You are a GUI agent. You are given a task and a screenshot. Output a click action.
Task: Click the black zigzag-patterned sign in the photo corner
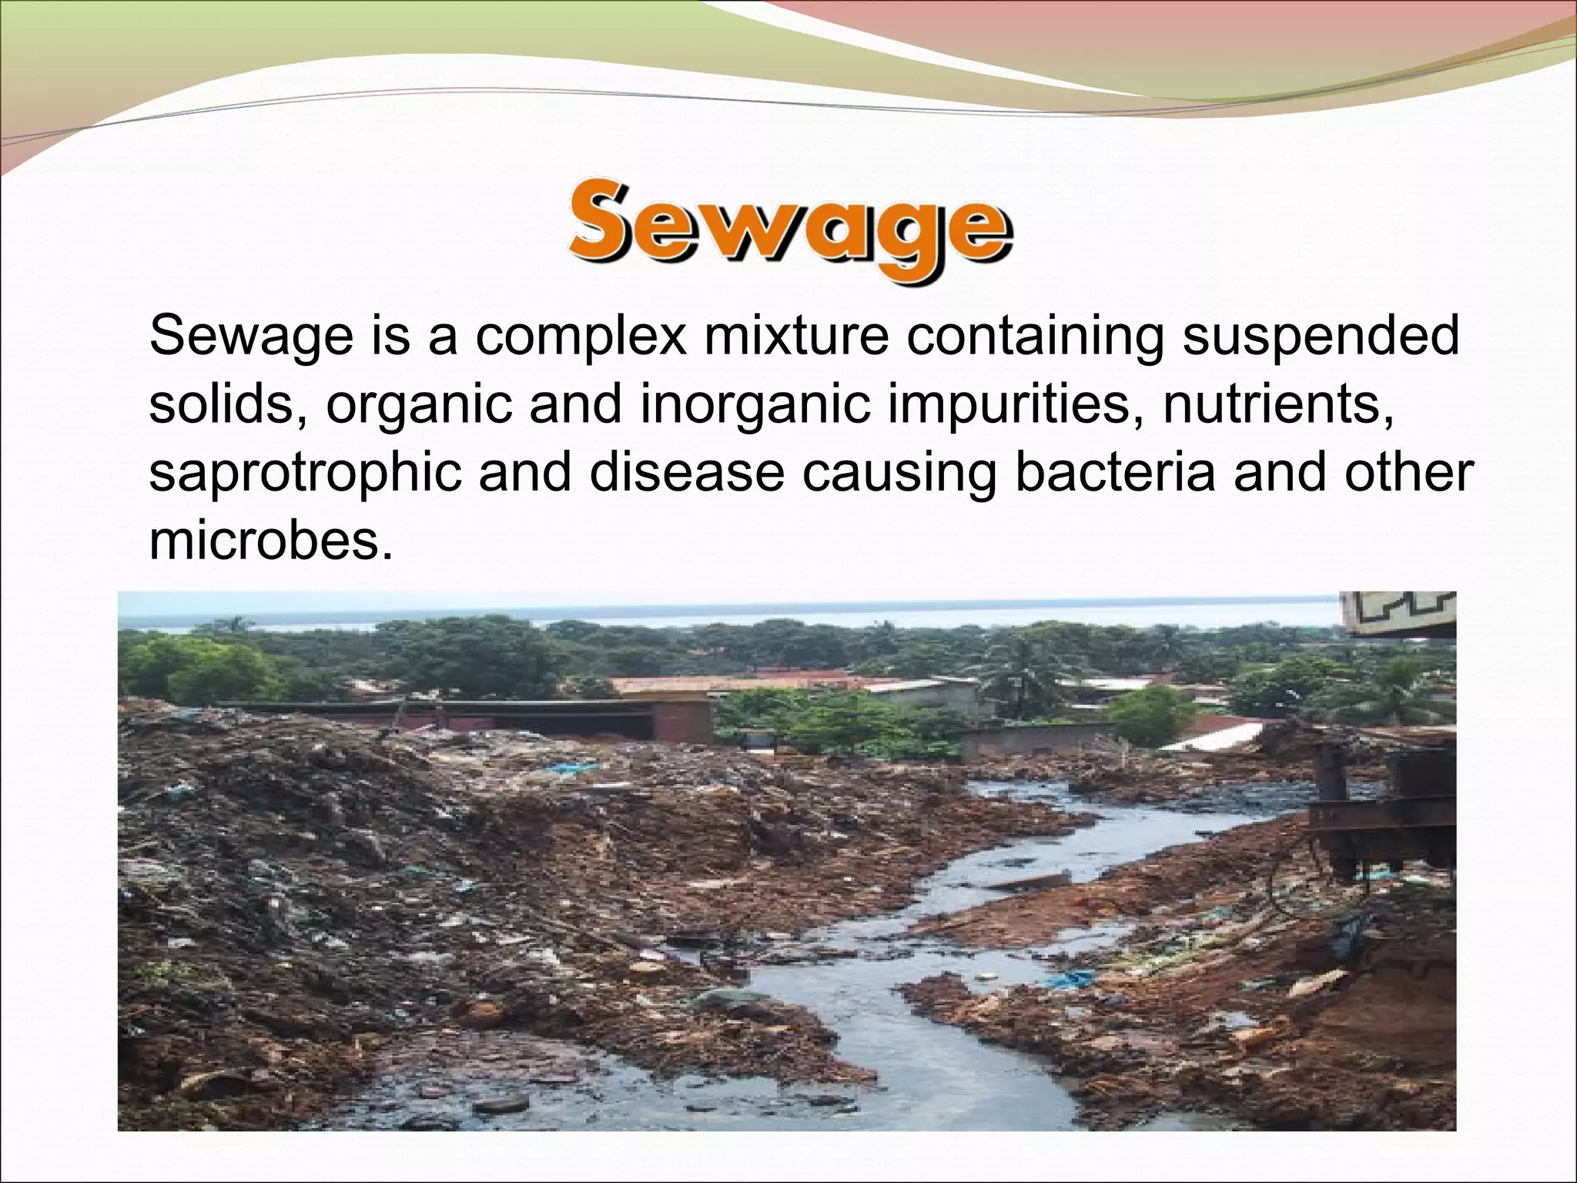[x=1398, y=613]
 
